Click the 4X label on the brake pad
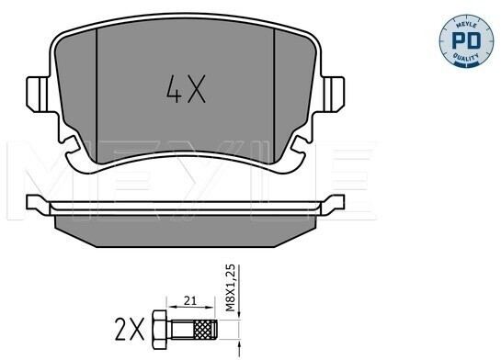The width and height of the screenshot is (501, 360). point(186,89)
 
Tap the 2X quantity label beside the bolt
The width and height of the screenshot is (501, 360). point(130,330)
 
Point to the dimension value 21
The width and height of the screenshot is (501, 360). point(189,300)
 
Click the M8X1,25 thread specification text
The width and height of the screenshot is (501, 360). point(230,287)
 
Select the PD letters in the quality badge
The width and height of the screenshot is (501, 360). point(466,40)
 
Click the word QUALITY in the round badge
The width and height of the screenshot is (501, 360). point(466,57)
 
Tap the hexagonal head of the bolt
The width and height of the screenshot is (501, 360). point(159,330)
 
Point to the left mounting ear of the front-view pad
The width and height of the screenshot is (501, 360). point(38,95)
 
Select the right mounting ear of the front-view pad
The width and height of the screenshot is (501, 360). point(333,95)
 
